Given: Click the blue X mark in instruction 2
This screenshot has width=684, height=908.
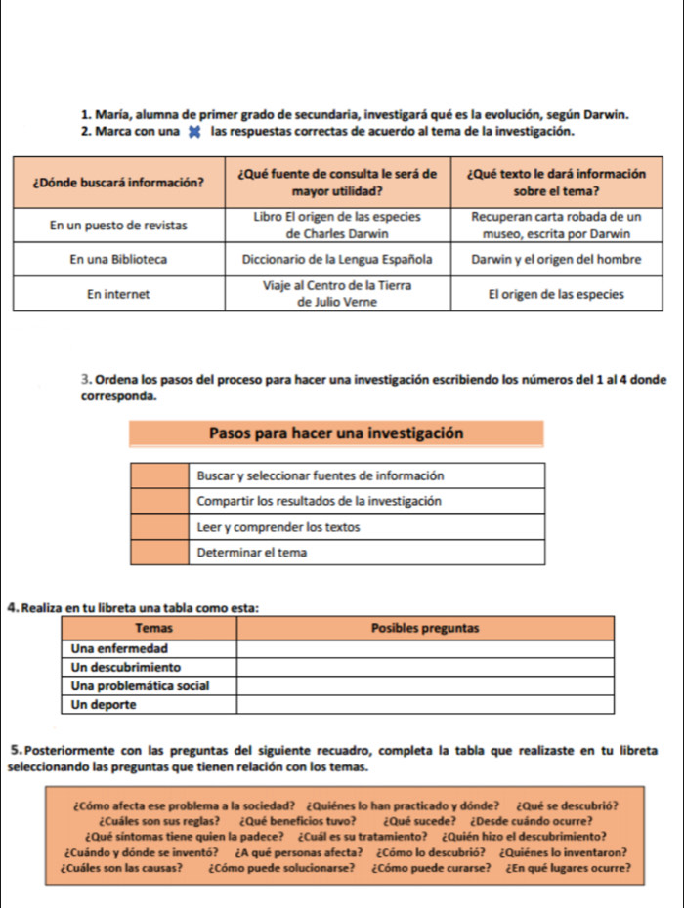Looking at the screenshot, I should coord(193,133).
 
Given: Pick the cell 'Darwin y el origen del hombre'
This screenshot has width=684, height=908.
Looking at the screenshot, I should coord(555,260).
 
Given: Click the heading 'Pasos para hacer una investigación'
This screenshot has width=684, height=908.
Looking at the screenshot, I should coord(336,433).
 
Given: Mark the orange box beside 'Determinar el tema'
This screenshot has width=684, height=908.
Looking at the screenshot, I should coord(158,553).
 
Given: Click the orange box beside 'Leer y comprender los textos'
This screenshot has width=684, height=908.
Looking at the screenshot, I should coord(158,527).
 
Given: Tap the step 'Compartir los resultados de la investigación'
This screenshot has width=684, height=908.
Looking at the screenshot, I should coord(321,501).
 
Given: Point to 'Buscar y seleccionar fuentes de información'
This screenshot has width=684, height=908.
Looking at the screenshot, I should coord(321,475).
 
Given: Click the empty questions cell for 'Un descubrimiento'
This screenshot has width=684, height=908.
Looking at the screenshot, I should coord(425,667).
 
